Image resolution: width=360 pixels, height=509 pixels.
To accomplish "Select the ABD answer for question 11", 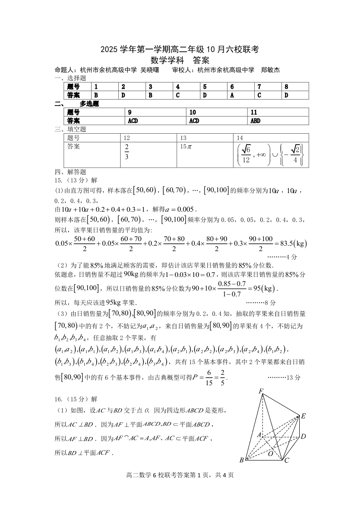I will point(255,121).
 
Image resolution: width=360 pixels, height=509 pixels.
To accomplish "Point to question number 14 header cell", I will point(240,138).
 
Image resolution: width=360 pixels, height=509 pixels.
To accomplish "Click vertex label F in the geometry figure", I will point(261,391).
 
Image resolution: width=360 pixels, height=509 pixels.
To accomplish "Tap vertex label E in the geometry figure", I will point(303,416).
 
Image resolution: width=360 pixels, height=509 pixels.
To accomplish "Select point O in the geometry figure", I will point(270,453).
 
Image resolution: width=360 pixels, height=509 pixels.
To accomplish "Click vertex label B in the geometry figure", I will point(242,461).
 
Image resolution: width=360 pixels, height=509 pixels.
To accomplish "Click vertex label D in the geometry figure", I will point(303,436).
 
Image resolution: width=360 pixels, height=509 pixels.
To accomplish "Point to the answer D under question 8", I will point(286,95).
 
